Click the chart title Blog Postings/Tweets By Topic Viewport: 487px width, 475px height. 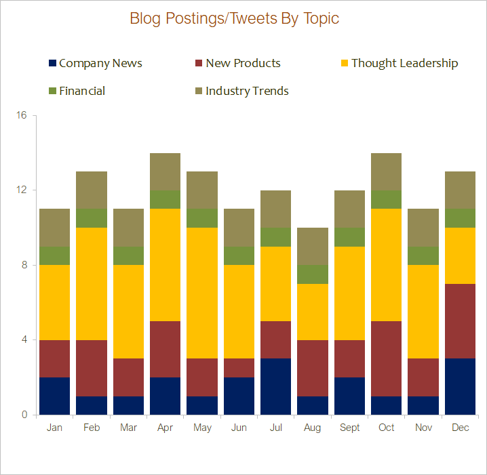click(234, 18)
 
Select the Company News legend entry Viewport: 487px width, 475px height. click(95, 63)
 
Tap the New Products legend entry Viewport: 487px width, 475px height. click(237, 63)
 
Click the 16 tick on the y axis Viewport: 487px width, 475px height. click(22, 115)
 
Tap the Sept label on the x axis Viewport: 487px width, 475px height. click(350, 428)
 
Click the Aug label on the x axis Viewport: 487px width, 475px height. click(313, 428)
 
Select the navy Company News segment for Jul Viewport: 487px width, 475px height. click(276, 386)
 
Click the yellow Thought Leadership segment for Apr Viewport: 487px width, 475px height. click(165, 265)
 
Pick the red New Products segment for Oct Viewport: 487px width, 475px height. click(387, 358)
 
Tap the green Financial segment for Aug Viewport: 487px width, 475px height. click(313, 274)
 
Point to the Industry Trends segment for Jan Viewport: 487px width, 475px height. click(54, 228)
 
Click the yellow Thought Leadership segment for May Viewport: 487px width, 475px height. click(202, 293)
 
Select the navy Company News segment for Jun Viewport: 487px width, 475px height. click(239, 396)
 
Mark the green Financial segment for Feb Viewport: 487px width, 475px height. click(92, 218)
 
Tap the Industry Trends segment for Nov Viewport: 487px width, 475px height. click(424, 228)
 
